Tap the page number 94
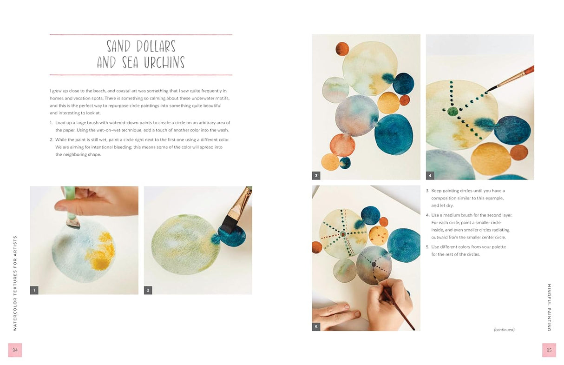pyautogui.click(x=15, y=350)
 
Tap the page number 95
pyautogui.click(x=549, y=350)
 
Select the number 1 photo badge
pyautogui.click(x=34, y=290)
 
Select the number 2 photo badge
pyautogui.click(x=148, y=290)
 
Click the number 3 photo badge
pyautogui.click(x=316, y=176)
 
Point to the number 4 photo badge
pyautogui.click(x=430, y=176)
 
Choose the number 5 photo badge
pyautogui.click(x=316, y=327)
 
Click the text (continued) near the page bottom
pyautogui.click(x=504, y=330)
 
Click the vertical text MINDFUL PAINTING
pyautogui.click(x=549, y=307)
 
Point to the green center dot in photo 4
pyautogui.click(x=452, y=112)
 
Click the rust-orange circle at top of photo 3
pyautogui.click(x=342, y=49)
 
